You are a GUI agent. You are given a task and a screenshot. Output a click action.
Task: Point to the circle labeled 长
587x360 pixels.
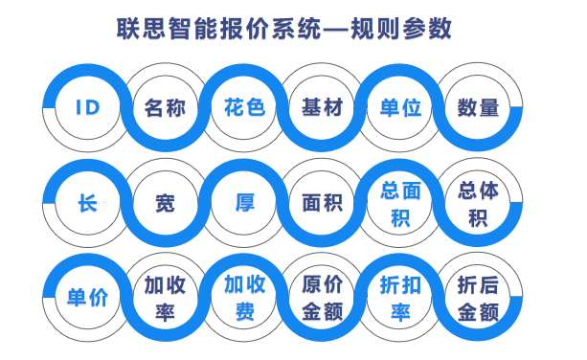pyautogui.click(x=87, y=203)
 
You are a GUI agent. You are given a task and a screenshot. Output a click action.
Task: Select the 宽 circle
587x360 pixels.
pyautogui.click(x=165, y=203)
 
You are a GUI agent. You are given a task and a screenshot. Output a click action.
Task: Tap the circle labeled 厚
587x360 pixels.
pyautogui.click(x=244, y=203)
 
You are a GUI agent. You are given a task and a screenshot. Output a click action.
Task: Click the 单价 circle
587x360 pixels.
pyautogui.click(x=87, y=298)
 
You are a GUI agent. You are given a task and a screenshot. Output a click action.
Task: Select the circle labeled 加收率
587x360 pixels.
pyautogui.click(x=165, y=298)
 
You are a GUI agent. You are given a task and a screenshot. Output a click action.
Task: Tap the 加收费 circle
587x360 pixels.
pyautogui.click(x=244, y=298)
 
